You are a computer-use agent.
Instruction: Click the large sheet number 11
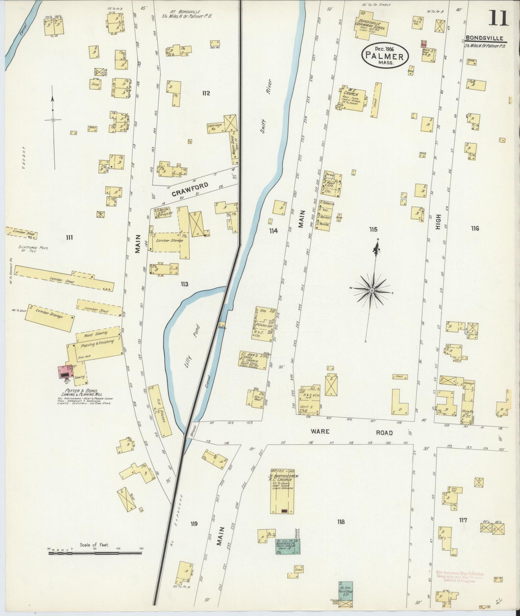coord(498,18)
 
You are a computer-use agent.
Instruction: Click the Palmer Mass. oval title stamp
coord(385,56)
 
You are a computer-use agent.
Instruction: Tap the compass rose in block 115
coord(371,289)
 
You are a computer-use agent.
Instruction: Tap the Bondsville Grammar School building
coord(371,24)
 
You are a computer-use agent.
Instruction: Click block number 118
coord(340,521)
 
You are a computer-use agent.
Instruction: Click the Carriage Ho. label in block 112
coord(214,127)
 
